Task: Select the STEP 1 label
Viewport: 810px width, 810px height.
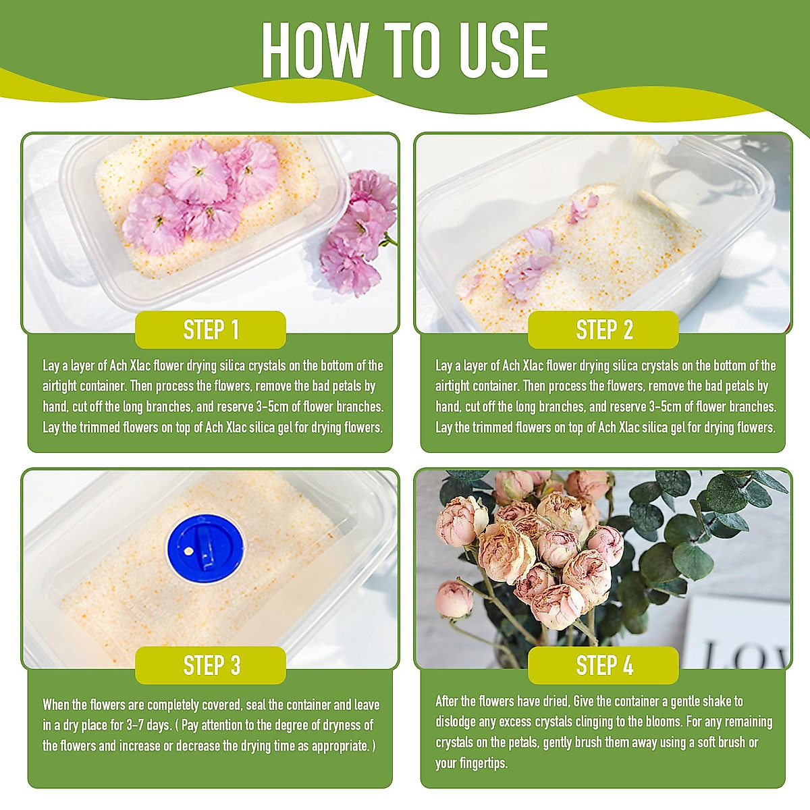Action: click(211, 330)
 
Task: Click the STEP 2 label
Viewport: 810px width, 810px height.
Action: click(604, 330)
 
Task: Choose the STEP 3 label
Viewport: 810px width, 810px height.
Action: click(211, 666)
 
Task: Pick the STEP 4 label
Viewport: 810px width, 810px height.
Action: click(604, 666)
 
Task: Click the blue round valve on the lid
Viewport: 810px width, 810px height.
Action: click(205, 548)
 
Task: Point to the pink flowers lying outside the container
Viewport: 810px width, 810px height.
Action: click(358, 233)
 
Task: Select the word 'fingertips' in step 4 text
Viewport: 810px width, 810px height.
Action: click(481, 763)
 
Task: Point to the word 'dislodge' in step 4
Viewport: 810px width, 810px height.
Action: click(456, 722)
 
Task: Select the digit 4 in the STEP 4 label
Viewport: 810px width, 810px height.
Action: click(628, 666)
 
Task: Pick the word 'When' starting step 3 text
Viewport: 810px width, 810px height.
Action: click(57, 705)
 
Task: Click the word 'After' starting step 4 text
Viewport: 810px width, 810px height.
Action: click(447, 701)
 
